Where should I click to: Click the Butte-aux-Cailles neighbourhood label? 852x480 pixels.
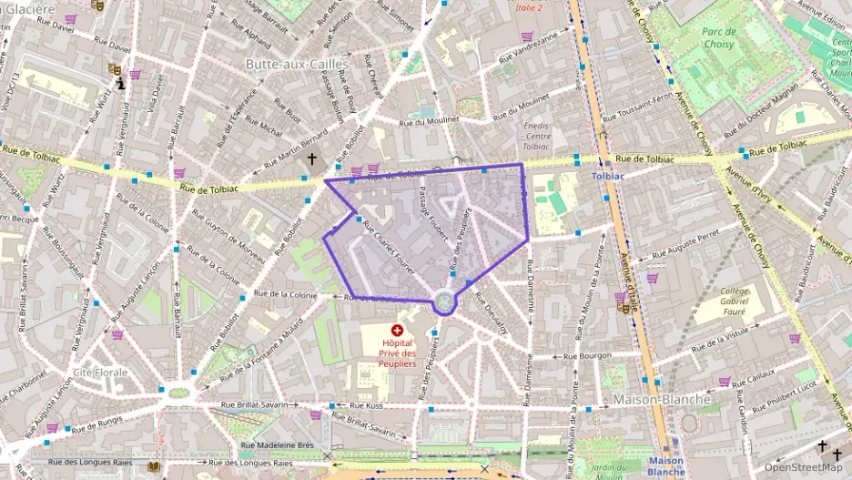tap(297, 64)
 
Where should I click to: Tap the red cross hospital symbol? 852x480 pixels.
tap(397, 331)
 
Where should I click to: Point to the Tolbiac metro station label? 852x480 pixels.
tap(608, 176)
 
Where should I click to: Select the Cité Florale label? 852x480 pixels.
tap(100, 373)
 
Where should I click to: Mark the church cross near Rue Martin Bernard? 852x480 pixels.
tap(312, 159)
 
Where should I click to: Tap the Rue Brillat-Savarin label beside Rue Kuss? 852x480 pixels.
tap(261, 405)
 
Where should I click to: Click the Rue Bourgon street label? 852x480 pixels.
tap(587, 356)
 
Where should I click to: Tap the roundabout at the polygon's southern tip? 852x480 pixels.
tap(443, 301)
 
